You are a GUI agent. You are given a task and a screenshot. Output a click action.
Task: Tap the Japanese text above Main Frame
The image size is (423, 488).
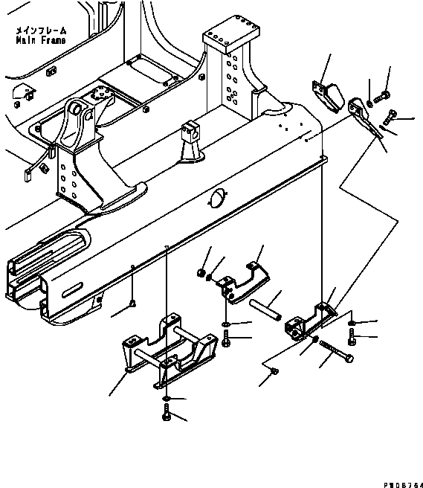pyautogui.click(x=39, y=31)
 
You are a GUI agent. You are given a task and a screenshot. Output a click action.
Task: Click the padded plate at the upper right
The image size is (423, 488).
pyautogui.click(x=328, y=96)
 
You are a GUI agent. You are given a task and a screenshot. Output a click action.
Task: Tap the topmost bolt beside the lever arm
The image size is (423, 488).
pyautogui.click(x=384, y=95)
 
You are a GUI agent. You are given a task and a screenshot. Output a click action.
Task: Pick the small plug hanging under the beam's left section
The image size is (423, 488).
pyautogui.click(x=132, y=303)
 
